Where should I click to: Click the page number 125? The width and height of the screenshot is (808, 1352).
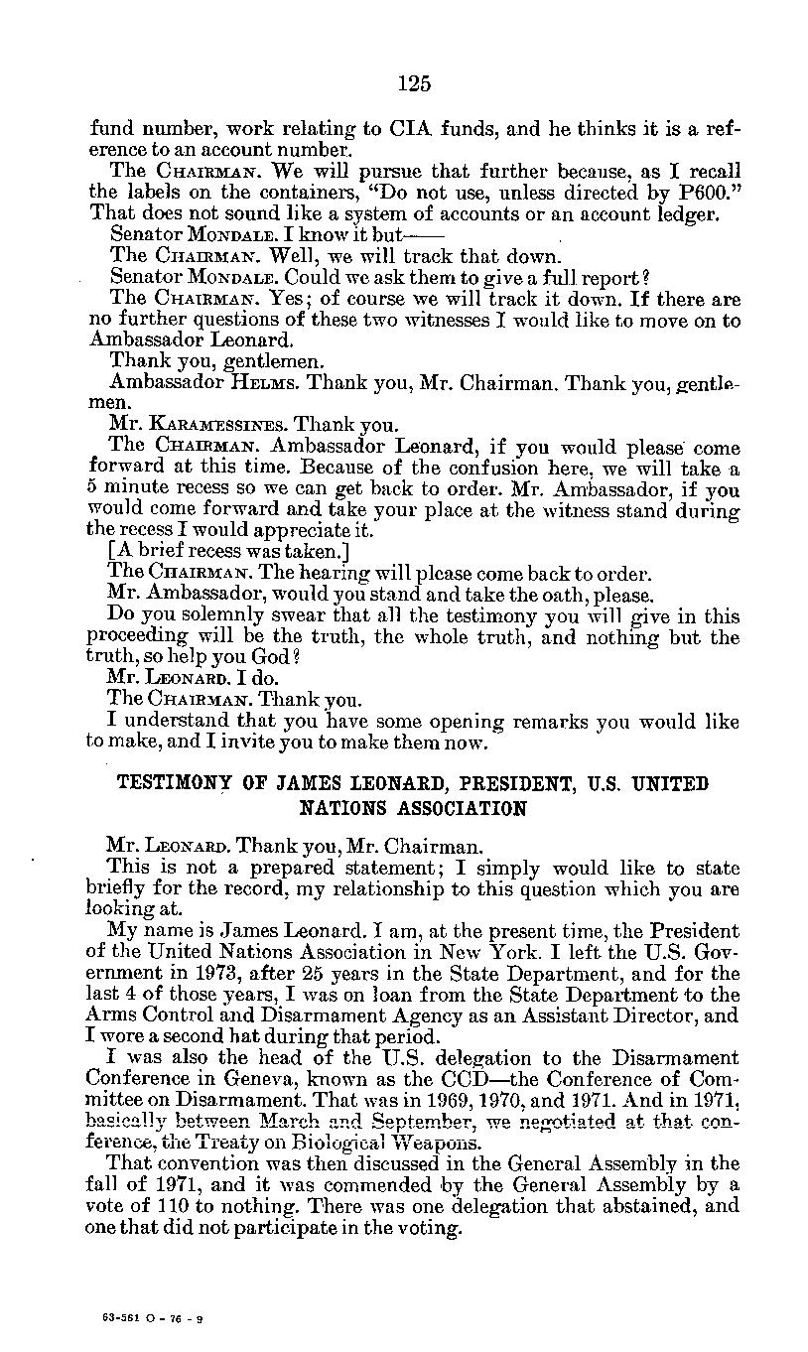414,83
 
